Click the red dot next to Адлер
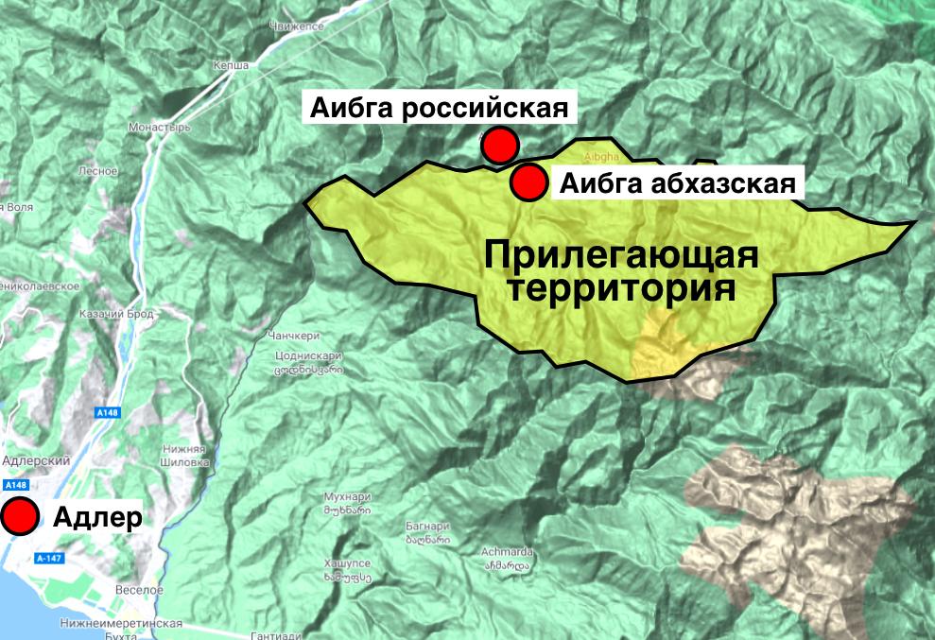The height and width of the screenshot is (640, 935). pyautogui.click(x=19, y=516)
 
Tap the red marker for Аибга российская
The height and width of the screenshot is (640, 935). pyautogui.click(x=499, y=146)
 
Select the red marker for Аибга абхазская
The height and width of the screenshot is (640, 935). pyautogui.click(x=528, y=182)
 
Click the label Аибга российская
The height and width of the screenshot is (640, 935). pyautogui.click(x=440, y=107)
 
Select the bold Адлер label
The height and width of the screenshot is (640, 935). pyautogui.click(x=97, y=517)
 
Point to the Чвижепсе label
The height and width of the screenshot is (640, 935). pyautogui.click(x=298, y=26)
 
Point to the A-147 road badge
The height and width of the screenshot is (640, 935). pyautogui.click(x=50, y=558)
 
